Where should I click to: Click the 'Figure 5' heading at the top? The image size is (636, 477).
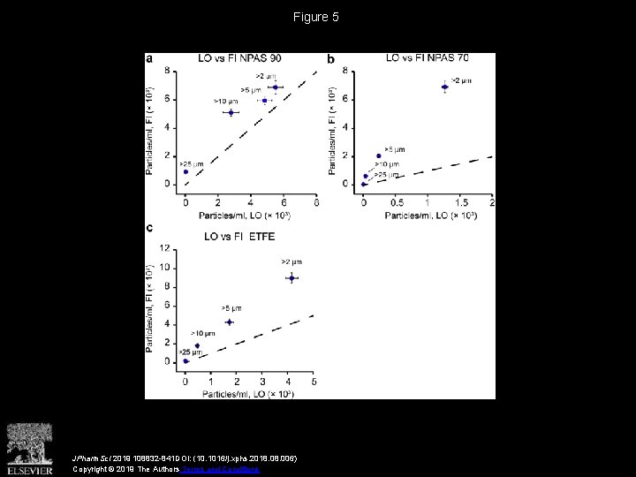[x=317, y=17]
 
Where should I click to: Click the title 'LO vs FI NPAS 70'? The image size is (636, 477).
[x=427, y=58]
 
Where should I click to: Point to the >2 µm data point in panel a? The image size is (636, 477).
[x=276, y=87]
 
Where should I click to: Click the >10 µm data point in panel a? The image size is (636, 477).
[x=231, y=112]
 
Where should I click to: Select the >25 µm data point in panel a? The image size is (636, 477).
[x=185, y=172]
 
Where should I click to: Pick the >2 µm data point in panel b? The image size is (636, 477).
[x=445, y=87]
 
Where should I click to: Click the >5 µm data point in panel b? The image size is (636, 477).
[x=379, y=155]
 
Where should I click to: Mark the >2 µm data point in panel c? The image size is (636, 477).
[x=291, y=278]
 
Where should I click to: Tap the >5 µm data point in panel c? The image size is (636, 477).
[x=229, y=322]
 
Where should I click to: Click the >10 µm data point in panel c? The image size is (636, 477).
[x=197, y=346]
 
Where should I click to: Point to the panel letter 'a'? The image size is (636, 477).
[x=149, y=58]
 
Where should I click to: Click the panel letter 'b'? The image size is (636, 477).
[x=331, y=59]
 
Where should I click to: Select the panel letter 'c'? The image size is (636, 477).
[x=149, y=228]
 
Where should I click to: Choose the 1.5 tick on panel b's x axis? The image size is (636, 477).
[x=459, y=203]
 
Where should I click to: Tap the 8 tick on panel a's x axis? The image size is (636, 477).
[x=316, y=203]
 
